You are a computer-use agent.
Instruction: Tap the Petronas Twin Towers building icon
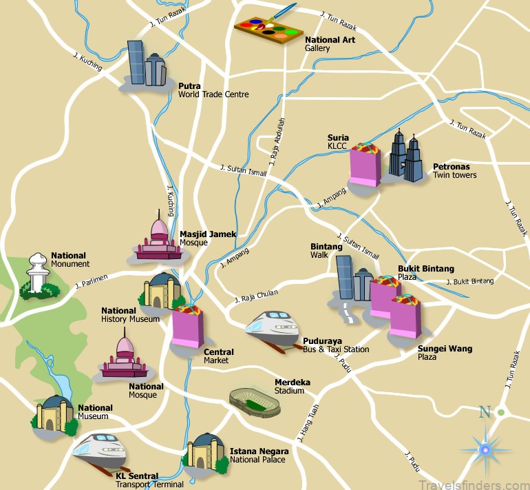[405, 157]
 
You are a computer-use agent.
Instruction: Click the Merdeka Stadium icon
[255, 401]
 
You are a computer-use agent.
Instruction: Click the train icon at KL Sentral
[99, 451]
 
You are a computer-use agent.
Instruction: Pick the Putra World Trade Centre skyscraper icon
[146, 64]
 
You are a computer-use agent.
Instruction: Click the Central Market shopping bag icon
[188, 326]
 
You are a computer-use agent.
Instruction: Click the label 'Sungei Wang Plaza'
[445, 353]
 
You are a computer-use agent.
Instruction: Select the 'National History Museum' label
[130, 315]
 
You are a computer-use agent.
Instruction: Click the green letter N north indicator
[485, 413]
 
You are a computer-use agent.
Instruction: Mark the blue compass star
[485, 450]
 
